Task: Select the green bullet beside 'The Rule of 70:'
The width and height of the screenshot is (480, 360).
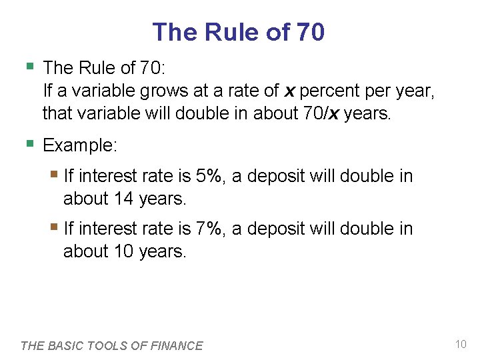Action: [x=29, y=66]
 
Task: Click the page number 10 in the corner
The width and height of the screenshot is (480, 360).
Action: [x=460, y=344]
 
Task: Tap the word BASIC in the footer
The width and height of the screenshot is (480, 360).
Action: [x=68, y=345]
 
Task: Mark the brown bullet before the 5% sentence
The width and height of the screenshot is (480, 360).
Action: [x=55, y=175]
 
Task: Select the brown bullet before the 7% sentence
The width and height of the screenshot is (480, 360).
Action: [x=55, y=227]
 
